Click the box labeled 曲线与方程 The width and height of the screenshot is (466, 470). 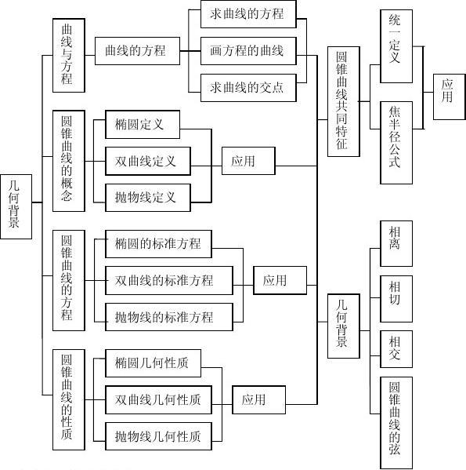(69, 56)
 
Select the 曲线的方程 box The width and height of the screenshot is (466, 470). (137, 51)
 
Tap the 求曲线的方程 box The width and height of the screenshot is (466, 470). (248, 14)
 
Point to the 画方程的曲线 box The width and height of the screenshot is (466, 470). (248, 51)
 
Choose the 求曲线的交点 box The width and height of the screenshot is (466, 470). (248, 88)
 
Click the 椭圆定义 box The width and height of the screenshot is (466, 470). (143, 125)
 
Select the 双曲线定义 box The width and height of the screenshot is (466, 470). (148, 162)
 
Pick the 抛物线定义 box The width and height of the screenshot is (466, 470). (148, 198)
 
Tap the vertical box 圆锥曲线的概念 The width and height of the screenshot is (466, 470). (69, 161)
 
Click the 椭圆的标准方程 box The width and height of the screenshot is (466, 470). (158, 244)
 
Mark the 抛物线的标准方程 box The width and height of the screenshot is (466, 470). (169, 317)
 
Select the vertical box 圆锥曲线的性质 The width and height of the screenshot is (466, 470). (69, 399)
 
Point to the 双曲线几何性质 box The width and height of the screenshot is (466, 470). (158, 400)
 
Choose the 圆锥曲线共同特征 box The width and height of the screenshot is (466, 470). (344, 102)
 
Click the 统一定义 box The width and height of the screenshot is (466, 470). (396, 46)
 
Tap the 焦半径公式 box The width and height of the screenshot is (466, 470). (396, 143)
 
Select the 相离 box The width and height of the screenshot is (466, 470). (396, 244)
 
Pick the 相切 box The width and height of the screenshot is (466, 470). (396, 299)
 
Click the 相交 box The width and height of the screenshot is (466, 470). (396, 349)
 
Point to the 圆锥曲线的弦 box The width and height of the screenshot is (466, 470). (396, 423)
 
